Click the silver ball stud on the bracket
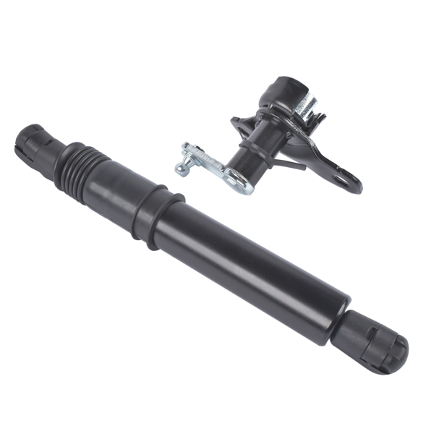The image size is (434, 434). pyautogui.click(x=180, y=168)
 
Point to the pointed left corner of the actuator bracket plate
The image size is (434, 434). pyautogui.click(x=234, y=121)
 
